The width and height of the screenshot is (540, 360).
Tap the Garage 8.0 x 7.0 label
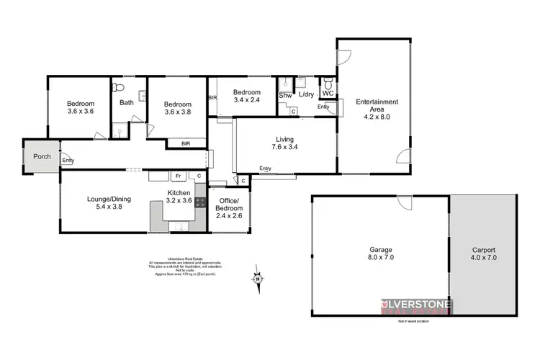[381, 253]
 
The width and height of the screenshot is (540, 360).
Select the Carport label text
[483, 253]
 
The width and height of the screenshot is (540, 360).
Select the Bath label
[127, 102]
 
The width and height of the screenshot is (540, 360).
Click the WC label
[328, 94]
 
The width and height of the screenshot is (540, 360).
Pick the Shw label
[285, 94]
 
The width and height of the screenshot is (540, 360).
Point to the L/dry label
[306, 94]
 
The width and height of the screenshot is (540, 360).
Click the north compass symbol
[256, 276]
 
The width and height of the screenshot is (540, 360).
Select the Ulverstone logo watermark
[415, 305]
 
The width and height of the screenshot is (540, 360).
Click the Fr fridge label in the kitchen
[176, 176]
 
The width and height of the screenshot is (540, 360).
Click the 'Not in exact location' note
[413, 320]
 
